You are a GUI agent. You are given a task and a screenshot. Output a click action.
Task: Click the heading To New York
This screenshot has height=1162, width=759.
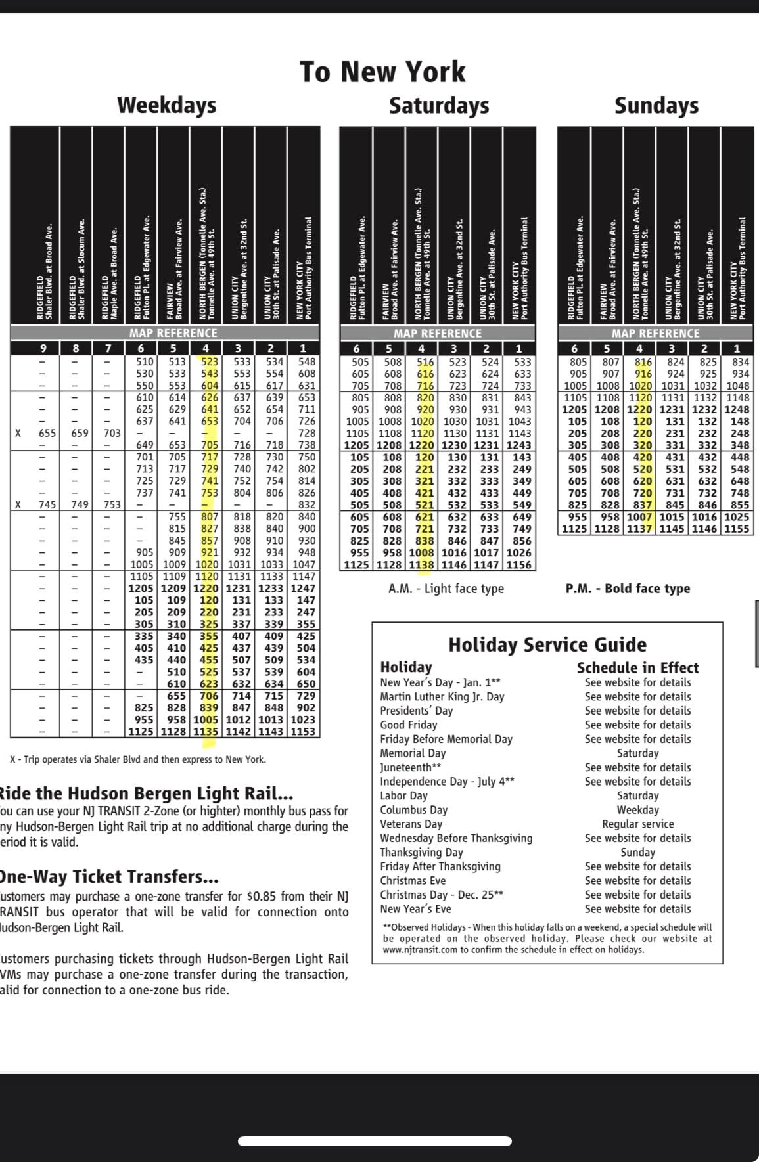382,72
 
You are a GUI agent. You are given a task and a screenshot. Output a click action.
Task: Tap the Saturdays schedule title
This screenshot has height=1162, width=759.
438,105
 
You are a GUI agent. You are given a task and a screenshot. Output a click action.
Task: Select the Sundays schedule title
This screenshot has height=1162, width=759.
656,105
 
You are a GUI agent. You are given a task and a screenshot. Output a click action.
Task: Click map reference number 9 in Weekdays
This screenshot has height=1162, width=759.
43,348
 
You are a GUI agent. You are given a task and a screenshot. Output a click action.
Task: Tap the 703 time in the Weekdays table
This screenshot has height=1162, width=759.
112,433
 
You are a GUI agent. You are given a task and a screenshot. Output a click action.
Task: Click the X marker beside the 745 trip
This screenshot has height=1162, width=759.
18,504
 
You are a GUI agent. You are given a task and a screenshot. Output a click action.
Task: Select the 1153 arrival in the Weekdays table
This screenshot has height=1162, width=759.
303,731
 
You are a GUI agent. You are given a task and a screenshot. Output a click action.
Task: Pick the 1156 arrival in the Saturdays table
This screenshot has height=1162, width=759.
522,564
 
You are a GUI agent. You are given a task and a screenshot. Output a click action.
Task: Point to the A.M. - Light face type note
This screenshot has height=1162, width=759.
446,589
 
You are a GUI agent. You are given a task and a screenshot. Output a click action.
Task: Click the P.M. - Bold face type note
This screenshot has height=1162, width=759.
628,589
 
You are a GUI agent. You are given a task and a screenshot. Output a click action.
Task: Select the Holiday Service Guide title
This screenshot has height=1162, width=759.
547,644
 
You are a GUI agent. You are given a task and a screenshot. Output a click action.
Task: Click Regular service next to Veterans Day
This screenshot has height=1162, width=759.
637,824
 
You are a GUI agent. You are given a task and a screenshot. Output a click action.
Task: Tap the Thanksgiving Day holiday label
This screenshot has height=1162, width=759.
421,852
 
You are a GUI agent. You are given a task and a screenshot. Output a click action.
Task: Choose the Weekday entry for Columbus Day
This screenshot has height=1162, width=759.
637,810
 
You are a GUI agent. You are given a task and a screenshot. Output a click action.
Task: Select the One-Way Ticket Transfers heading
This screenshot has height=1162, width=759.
109,877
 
